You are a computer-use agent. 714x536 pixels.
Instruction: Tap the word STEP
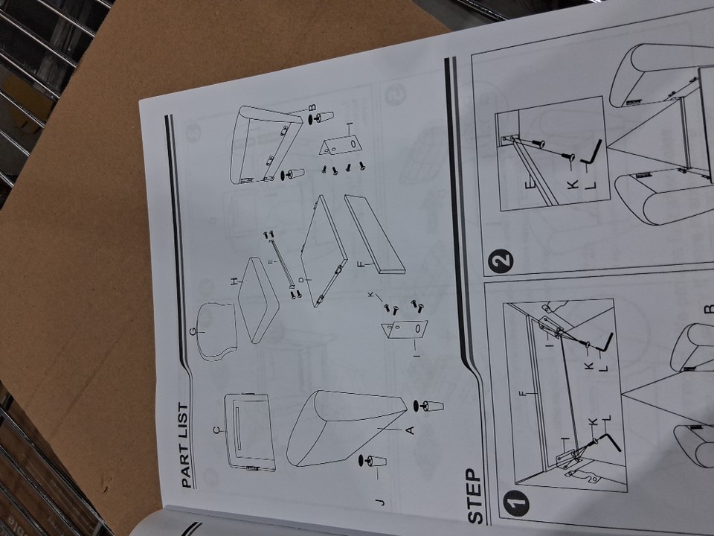pos(475,497)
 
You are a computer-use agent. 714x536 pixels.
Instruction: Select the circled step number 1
pos(516,503)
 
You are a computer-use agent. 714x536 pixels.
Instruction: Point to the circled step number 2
pos(501,261)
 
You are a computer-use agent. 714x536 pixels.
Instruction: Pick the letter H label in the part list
pos(235,283)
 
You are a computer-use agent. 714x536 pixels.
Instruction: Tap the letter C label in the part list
pos(217,430)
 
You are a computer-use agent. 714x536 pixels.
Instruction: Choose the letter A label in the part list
pos(410,430)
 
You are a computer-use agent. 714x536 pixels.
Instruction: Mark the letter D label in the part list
pos(301,279)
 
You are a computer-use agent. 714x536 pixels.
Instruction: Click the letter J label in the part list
pos(381,502)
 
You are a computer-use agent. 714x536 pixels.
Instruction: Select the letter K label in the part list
pos(371,295)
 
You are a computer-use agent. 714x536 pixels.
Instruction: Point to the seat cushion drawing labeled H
pos(258,300)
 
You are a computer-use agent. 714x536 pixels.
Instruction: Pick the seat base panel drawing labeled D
pos(324,251)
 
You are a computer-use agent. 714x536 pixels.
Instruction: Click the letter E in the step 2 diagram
pos(530,185)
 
